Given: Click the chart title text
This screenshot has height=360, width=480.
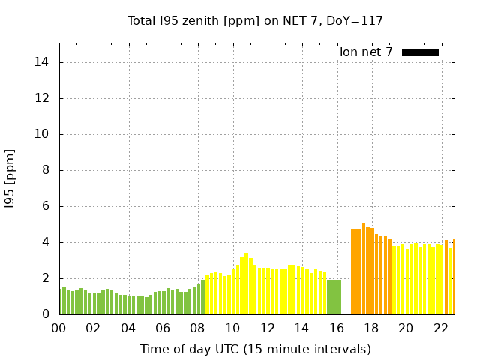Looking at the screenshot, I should (255, 20).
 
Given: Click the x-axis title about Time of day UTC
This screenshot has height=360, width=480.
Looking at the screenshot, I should (255, 349).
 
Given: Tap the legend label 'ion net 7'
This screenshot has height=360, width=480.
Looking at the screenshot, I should (366, 52).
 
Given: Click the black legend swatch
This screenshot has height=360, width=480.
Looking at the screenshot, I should (420, 52).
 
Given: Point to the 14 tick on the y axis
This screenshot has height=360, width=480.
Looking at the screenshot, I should (43, 62).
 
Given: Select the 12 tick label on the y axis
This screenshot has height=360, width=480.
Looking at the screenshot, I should (43, 98).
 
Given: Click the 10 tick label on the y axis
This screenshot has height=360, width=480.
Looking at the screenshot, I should (43, 134).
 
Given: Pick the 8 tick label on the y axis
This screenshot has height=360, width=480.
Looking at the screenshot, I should (46, 170).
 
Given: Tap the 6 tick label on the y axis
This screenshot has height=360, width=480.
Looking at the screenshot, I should (46, 206).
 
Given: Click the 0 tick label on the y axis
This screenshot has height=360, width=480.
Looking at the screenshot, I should (46, 314).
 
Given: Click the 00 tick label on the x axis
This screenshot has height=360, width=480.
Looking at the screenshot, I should (59, 328).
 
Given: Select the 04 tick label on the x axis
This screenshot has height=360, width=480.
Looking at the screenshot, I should (128, 328).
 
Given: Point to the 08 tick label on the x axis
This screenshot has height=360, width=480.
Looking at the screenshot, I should (198, 328).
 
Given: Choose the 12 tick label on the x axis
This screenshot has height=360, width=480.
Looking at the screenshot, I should (267, 328).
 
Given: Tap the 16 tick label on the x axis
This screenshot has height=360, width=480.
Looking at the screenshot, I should (336, 328).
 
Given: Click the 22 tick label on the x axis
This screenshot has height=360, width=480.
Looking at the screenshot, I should (440, 328).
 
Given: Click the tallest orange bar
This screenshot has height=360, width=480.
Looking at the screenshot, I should (364, 268).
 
